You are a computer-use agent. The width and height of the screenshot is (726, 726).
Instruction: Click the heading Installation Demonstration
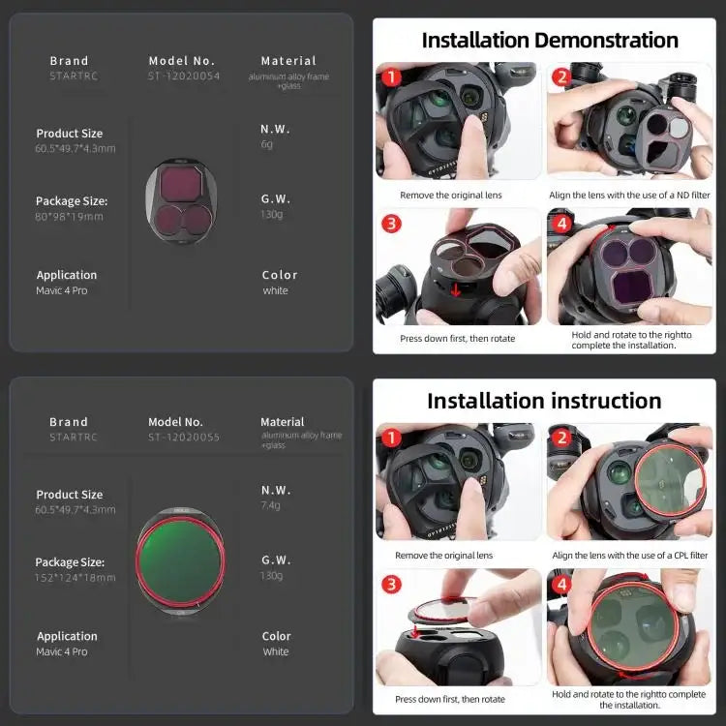pos(550,41)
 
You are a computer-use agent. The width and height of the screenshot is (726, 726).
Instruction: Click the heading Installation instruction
pos(544,401)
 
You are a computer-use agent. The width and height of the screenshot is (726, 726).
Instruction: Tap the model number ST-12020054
pos(183,76)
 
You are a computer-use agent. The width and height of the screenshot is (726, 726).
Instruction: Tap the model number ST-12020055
pos(183,438)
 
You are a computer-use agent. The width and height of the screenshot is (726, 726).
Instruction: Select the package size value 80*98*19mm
pos(69,217)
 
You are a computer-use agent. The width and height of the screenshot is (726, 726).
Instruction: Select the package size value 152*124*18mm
pos(75,578)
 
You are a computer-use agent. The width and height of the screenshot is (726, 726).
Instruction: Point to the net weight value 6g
pos(267,144)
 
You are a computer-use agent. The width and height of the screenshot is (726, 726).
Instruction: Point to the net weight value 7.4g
pos(271,505)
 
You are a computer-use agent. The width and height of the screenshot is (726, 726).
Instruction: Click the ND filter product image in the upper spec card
pos(183,201)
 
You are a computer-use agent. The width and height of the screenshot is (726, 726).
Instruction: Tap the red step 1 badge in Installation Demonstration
pos(390,76)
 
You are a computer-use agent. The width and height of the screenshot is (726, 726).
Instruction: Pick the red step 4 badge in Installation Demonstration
pos(561,224)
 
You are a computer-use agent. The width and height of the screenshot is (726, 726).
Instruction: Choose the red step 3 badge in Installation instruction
pos(390,584)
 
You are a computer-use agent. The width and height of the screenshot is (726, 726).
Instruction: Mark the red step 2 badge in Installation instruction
pos(561,438)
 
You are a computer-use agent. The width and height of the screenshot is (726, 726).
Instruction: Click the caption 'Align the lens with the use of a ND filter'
pos(629,196)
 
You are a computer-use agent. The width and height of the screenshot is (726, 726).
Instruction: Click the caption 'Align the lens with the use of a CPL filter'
pos(629,556)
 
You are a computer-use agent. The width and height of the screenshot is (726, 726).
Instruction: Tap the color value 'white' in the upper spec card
pos(275,290)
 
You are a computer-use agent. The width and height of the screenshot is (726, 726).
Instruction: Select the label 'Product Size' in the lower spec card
pos(70,495)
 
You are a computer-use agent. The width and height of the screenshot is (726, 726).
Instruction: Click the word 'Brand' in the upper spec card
pos(69,61)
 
